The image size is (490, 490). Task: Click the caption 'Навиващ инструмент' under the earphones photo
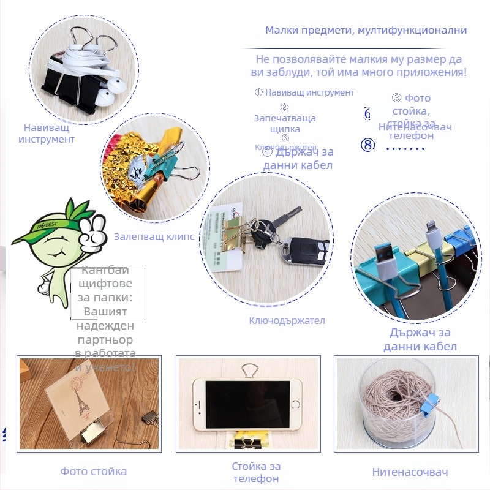click(47, 133)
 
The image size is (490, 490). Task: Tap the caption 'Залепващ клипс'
click(154, 237)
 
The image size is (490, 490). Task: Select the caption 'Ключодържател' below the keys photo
click(287, 320)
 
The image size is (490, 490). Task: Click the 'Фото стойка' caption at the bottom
click(94, 472)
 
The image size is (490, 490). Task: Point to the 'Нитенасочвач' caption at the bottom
click(410, 472)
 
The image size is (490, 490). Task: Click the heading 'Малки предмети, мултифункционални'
click(366, 30)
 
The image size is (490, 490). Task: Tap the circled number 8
click(367, 145)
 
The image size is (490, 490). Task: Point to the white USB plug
click(384, 268)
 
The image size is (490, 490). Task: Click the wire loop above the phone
click(249, 369)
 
